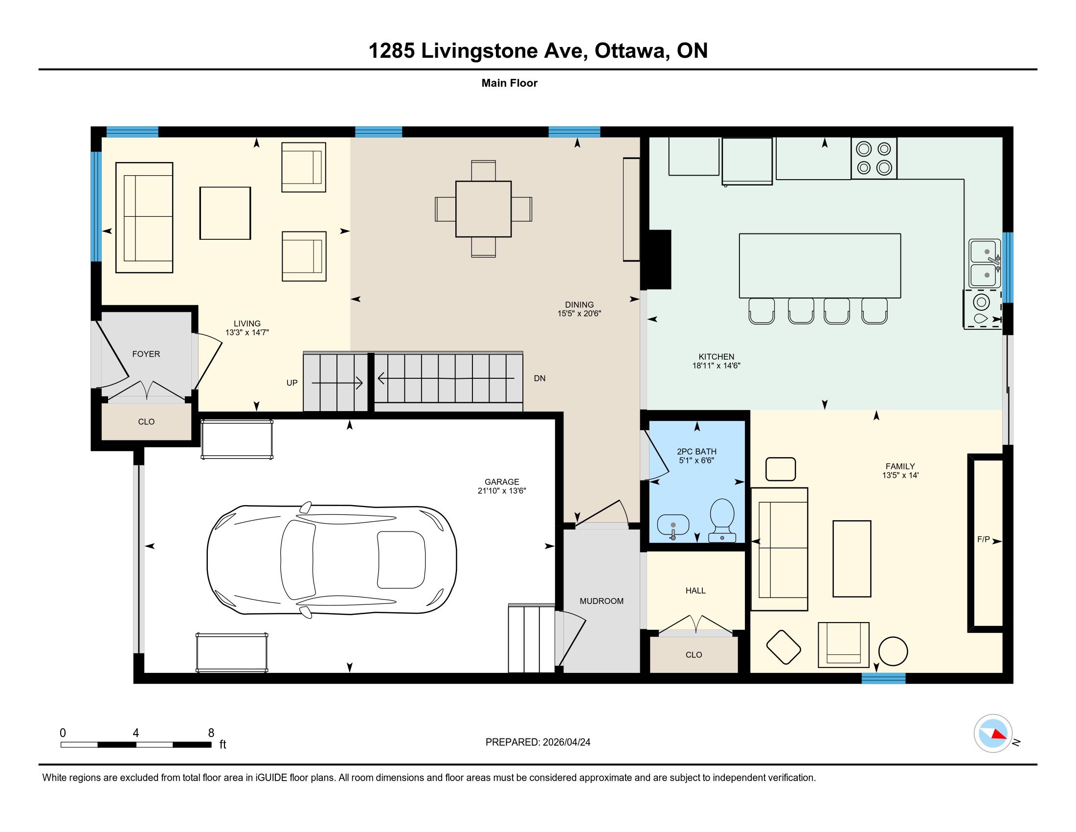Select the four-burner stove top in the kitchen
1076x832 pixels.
874,158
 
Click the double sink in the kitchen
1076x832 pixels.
985,264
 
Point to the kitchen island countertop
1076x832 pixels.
820,266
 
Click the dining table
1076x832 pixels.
483,209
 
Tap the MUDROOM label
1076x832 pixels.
602,601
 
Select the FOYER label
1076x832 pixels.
146,354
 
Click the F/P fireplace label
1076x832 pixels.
984,539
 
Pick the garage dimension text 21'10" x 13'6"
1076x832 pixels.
502,491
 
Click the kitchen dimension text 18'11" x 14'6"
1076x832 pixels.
717,366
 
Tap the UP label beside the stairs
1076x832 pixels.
292,383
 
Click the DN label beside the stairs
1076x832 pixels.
539,378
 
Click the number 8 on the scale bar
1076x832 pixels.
211,733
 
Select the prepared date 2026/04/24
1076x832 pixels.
566,742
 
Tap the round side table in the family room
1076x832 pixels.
893,651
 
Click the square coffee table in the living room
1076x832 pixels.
225,213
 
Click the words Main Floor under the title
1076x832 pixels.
510,83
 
